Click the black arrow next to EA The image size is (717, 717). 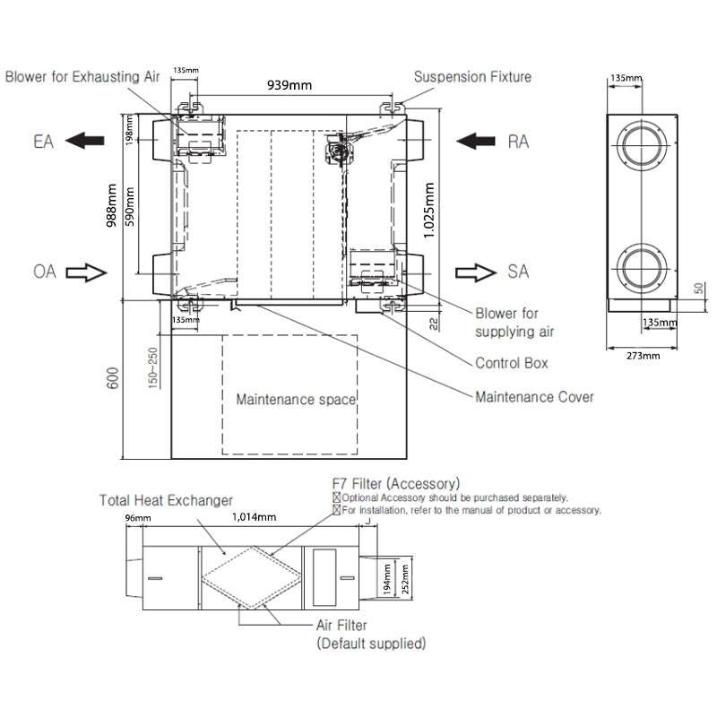coord(85,141)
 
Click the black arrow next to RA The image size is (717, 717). coord(476,141)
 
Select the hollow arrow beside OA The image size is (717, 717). coord(86,272)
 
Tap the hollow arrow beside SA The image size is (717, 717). coord(476,272)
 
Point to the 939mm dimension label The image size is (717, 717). coord(289,85)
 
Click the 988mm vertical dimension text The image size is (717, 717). coord(111,205)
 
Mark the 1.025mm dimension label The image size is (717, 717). coord(429,211)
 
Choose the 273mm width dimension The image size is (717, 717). coord(643,356)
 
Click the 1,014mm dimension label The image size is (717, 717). coord(255,517)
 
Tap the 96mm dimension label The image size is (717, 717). coord(138,518)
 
